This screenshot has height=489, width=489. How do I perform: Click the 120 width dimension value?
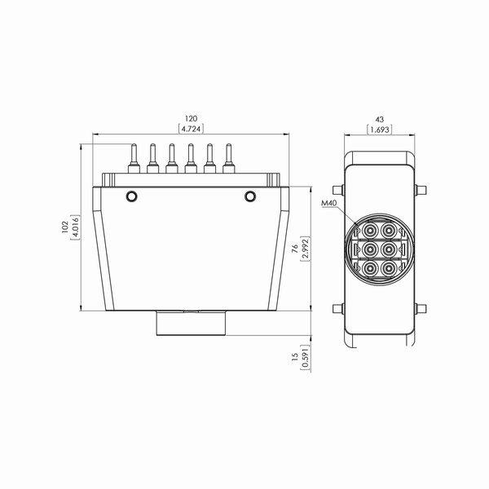click(x=191, y=119)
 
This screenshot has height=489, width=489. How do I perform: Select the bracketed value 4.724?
click(x=191, y=129)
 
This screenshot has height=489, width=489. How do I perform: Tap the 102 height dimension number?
click(x=65, y=227)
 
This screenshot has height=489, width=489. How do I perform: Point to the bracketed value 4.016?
click(x=75, y=227)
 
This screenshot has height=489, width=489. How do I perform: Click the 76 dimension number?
click(x=295, y=249)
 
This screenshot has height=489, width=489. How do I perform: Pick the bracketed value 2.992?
click(x=305, y=249)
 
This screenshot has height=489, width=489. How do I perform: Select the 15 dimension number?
click(x=295, y=358)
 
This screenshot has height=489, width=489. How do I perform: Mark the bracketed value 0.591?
click(x=305, y=358)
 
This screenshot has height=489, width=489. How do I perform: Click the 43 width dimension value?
click(x=380, y=120)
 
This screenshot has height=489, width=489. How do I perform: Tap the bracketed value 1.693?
click(x=380, y=129)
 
